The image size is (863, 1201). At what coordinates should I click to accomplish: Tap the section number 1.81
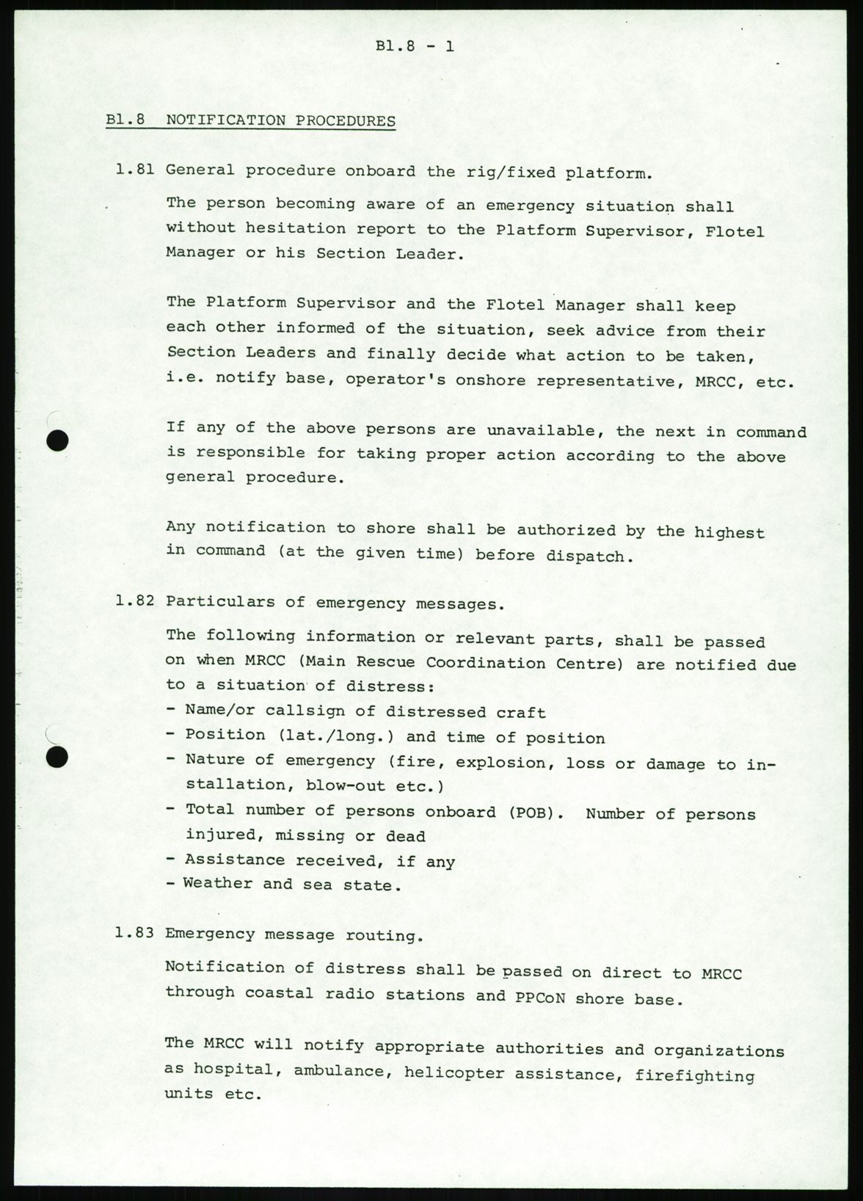point(134,170)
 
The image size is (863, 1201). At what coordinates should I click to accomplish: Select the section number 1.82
point(134,601)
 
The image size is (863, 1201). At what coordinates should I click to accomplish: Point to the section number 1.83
point(134,934)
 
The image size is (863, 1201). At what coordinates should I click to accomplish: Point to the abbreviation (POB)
point(531,812)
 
